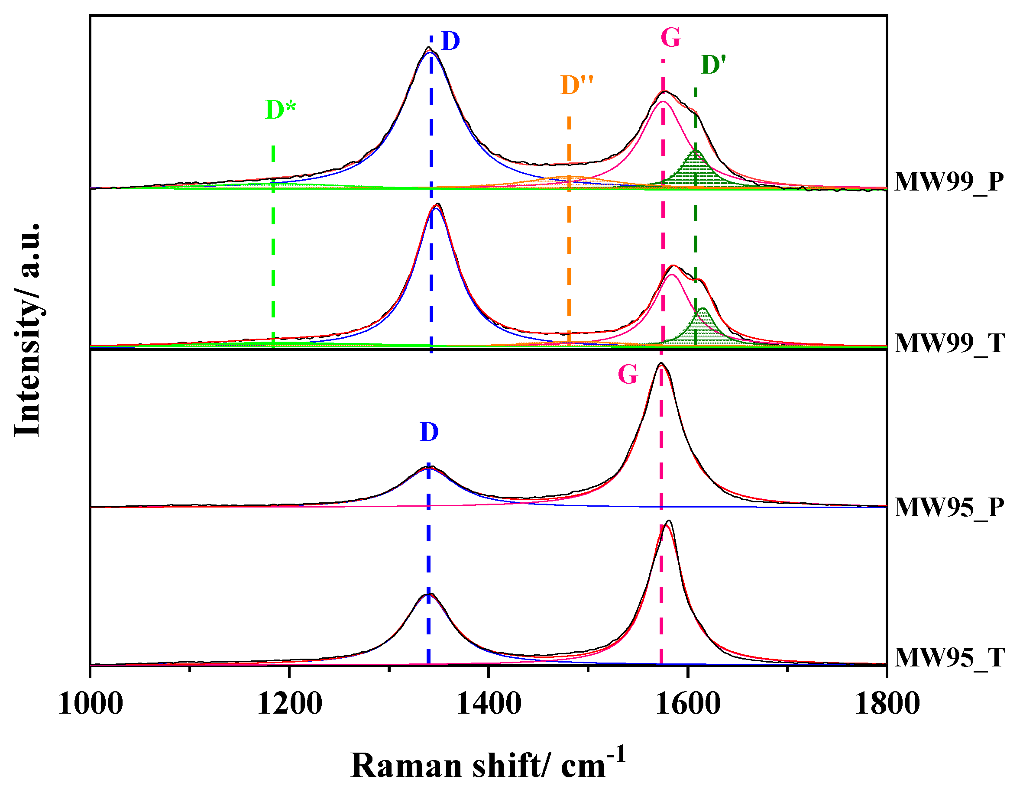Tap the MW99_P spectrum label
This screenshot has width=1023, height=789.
coord(949,182)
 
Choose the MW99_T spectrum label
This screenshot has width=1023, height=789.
coord(949,343)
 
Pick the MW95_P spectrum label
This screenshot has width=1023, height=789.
coord(949,507)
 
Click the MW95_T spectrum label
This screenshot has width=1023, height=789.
coord(949,657)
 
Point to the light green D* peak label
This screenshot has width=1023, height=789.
coord(280,110)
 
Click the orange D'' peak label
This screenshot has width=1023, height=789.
coord(576,85)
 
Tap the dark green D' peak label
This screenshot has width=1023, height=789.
coord(713,65)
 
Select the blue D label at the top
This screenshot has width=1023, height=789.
coord(450,41)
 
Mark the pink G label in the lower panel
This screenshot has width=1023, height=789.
coord(628,375)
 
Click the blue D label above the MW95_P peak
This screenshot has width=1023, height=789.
coord(429,432)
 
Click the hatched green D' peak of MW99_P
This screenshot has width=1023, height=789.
coord(695,171)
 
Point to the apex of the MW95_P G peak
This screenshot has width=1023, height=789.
coord(660,363)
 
